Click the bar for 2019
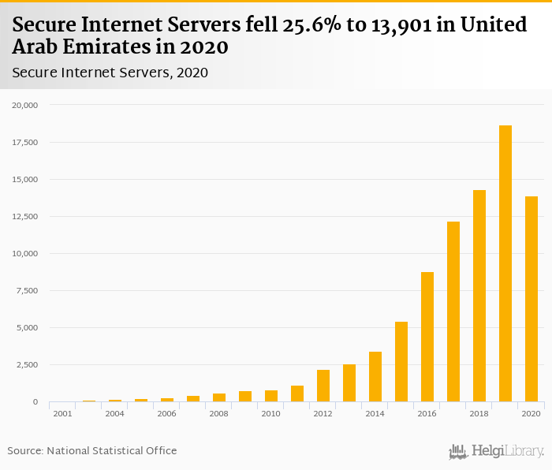pos(505,263)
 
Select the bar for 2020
pos(531,299)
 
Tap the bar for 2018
pos(479,296)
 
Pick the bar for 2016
pos(427,337)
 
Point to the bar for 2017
pos(453,311)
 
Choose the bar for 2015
pos(401,362)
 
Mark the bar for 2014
pos(375,377)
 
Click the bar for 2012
pos(323,386)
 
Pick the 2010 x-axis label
pos(270,413)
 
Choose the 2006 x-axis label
pos(166,413)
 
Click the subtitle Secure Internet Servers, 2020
pos(110,73)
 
